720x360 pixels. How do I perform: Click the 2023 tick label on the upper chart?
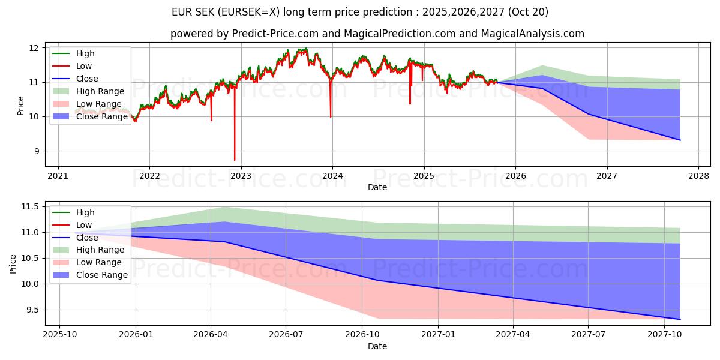coord(241,176)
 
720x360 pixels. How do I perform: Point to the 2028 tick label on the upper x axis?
coord(698,176)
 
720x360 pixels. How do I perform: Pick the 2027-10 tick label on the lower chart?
coord(664,335)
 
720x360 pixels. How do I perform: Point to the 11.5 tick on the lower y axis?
coord(30,207)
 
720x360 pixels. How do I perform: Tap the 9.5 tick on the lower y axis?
coord(32,310)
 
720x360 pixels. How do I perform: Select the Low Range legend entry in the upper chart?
coord(100,104)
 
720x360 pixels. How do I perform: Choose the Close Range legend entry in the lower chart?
coord(101,275)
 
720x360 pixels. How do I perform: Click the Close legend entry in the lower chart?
coord(87,238)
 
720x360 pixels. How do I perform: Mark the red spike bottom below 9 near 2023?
coord(235,160)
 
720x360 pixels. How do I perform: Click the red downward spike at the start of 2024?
coord(331,116)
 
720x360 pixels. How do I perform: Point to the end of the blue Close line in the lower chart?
coord(680,319)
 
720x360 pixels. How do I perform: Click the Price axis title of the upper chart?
coord(21,106)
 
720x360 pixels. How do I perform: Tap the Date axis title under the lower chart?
coord(377,346)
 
